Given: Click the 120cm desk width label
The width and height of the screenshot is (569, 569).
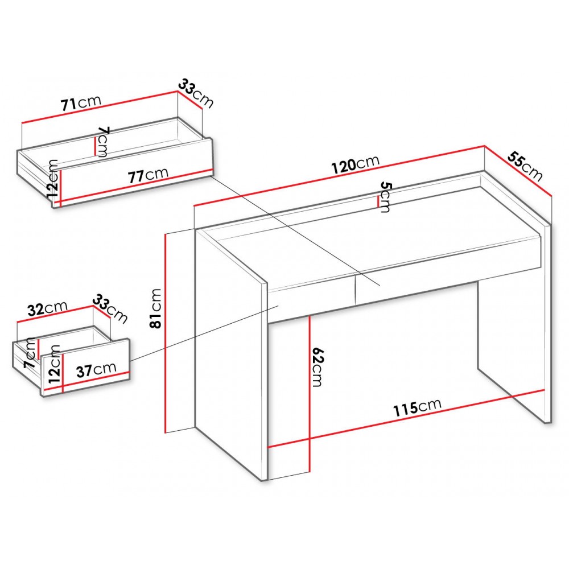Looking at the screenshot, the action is (356, 164).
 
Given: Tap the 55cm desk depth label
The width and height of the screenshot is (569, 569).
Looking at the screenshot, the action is (525, 166).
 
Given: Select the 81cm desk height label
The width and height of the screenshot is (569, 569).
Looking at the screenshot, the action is (156, 308).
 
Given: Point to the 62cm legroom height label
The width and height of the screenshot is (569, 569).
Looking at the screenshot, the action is (317, 367).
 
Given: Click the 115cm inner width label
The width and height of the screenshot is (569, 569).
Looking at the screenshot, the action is (418, 408).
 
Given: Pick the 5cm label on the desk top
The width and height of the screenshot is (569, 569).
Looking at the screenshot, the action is (385, 197).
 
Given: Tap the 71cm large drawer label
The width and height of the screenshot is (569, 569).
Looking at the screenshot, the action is (81, 102).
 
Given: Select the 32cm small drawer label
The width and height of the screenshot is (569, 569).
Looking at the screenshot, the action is (48, 308).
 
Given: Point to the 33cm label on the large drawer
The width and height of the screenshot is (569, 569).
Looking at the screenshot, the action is (196, 94).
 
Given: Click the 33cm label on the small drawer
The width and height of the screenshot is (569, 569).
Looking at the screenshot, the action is (110, 309).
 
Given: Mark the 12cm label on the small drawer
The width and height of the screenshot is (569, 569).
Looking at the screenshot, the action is (54, 364).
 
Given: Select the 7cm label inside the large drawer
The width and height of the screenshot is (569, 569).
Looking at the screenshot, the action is (102, 142).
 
